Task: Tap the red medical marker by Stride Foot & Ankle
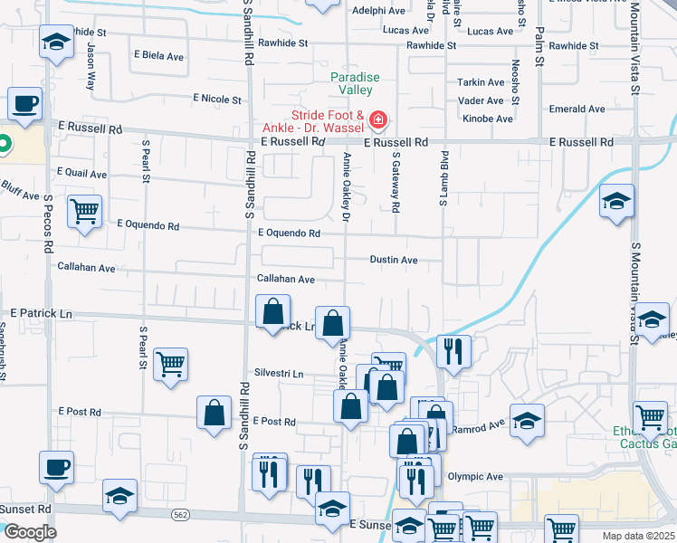tap(377, 119)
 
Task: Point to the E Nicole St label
tap(217, 100)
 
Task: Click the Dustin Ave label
tap(394, 260)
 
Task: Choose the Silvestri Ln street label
tap(279, 373)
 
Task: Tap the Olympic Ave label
tap(475, 476)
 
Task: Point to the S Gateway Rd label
tap(396, 181)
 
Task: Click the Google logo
tap(30, 532)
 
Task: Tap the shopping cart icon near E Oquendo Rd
tap(84, 212)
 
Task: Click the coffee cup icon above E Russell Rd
tap(25, 103)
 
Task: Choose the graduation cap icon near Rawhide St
tap(56, 42)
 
